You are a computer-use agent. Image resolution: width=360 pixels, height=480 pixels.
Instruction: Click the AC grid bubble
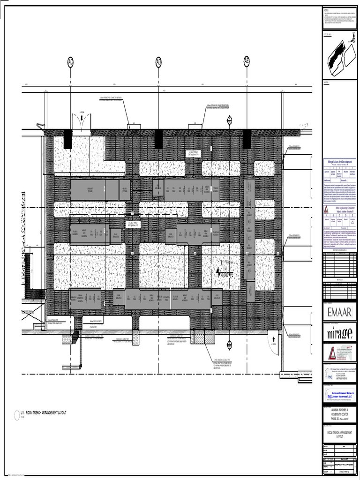tap(70, 61)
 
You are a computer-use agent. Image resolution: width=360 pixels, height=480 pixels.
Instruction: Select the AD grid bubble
tap(158, 61)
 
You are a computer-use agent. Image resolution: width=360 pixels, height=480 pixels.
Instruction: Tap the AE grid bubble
tap(247, 61)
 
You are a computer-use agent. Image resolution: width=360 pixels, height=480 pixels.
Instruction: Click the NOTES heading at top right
tap(327, 9)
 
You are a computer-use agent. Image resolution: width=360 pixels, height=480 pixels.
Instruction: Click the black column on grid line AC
tap(68, 139)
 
